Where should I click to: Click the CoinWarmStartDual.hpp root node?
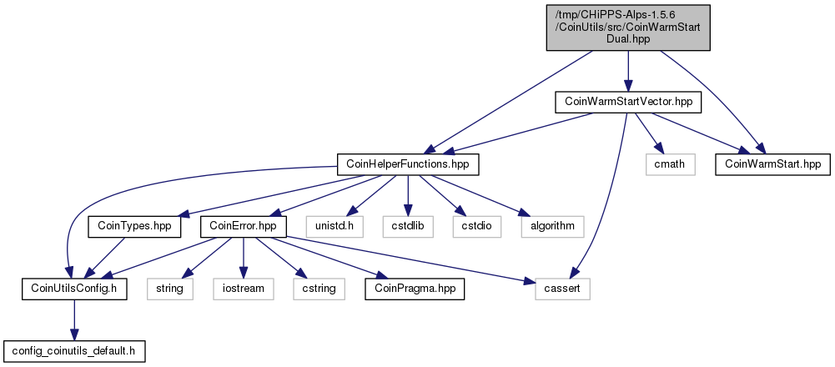click(x=628, y=28)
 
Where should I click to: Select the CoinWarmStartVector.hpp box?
click(x=628, y=102)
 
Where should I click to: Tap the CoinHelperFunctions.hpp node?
click(x=408, y=164)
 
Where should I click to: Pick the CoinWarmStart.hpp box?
click(x=773, y=164)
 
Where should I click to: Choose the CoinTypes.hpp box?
click(x=134, y=226)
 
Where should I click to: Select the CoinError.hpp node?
click(x=244, y=226)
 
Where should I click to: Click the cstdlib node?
click(x=408, y=226)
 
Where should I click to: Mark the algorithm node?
click(x=552, y=226)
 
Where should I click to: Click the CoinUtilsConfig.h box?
click(x=74, y=289)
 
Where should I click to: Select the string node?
click(x=170, y=289)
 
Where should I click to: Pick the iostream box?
click(x=244, y=289)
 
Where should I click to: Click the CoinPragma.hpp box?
click(x=415, y=289)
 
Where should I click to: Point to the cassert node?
click(x=563, y=289)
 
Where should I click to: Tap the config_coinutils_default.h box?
click(x=74, y=351)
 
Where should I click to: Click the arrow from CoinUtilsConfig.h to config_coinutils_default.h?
click(x=74, y=320)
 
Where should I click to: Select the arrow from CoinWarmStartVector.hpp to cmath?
click(x=649, y=133)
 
